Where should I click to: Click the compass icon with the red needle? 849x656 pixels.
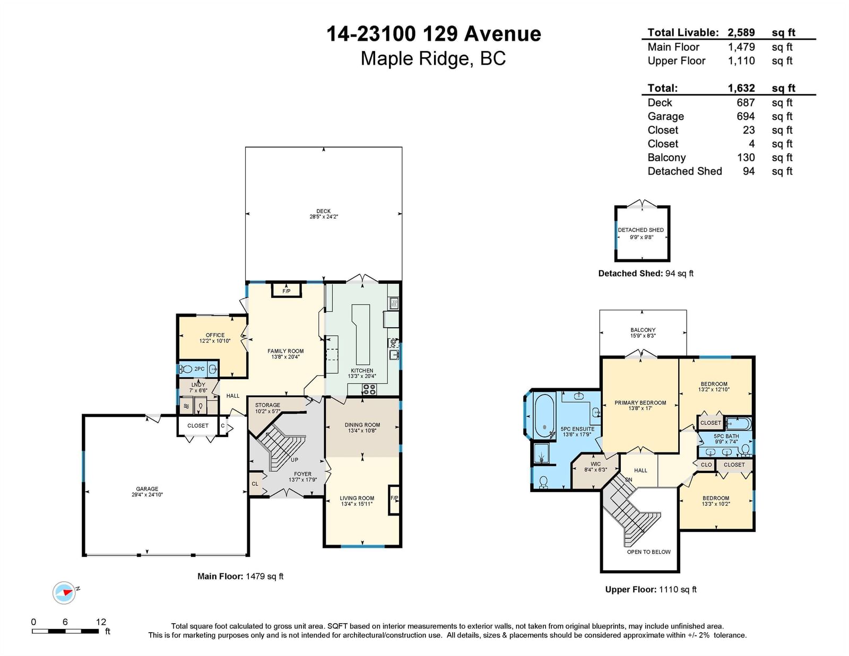point(64,593)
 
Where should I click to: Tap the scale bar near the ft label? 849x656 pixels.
point(65,631)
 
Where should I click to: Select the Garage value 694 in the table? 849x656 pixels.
point(746,116)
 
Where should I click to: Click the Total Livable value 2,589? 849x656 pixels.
point(741,32)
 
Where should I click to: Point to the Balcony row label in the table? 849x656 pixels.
point(666,158)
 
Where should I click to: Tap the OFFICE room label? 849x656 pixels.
point(215,335)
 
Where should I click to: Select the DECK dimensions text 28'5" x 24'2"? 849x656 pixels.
point(324,217)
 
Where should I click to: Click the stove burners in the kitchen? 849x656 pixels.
point(369,389)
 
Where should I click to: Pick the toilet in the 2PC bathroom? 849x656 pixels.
point(186,369)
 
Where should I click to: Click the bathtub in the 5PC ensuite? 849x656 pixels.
point(544,416)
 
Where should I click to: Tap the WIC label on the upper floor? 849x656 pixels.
point(595,464)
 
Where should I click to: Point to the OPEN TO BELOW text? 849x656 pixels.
point(648,552)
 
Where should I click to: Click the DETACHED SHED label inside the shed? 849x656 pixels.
point(641,230)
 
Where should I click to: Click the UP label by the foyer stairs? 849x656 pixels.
point(294,460)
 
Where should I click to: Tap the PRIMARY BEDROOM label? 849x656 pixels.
point(640,403)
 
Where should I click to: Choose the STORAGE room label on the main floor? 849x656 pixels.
point(267,405)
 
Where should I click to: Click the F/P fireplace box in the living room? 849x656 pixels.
point(394,500)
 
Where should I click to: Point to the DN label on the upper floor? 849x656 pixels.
point(629,480)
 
